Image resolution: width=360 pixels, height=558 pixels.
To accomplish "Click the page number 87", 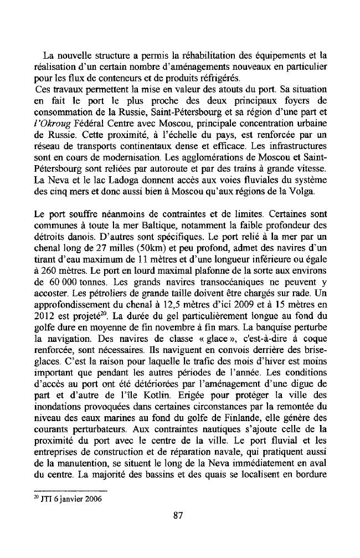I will (178, 516).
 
